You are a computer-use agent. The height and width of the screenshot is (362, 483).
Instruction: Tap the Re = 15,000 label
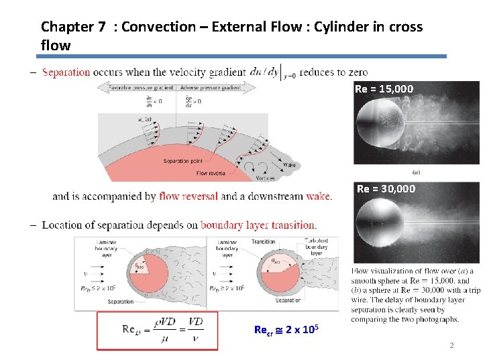pos(384,89)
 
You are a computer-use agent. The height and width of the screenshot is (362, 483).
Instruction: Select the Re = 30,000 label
pos(386,189)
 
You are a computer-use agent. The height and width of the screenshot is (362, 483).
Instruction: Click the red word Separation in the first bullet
pos(66,72)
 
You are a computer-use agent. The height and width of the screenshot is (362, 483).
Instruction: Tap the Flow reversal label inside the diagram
pos(211,173)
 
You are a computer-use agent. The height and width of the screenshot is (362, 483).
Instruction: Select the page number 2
pos(451,345)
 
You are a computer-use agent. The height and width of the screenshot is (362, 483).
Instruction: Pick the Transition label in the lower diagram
pos(264,242)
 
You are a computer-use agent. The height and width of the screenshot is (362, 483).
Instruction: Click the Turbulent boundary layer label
pos(316,247)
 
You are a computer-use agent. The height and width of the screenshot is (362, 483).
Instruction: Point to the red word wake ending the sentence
pos(318,196)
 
